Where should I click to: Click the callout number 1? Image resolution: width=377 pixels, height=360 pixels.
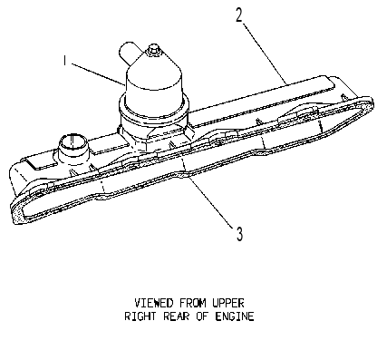point(64,60)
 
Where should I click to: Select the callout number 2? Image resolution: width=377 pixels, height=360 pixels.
point(239,15)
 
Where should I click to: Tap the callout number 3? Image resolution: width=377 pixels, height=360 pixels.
point(239,234)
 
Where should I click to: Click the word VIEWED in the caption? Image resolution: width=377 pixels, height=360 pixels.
point(154,303)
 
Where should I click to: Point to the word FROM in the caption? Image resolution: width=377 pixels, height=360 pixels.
point(193,303)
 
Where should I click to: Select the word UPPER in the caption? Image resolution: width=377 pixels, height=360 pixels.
point(228,303)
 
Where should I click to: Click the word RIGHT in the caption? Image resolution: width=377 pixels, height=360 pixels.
point(140,316)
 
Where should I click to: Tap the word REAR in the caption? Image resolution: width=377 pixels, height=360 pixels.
point(176,316)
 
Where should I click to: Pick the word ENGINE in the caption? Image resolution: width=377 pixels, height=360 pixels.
point(235,316)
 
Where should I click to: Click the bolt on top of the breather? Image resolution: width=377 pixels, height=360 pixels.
point(153,49)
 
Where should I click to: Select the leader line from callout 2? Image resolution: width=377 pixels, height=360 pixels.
point(265,54)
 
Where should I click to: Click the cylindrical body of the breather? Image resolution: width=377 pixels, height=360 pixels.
point(154,91)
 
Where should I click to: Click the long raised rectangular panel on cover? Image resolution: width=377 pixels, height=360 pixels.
point(262,102)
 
